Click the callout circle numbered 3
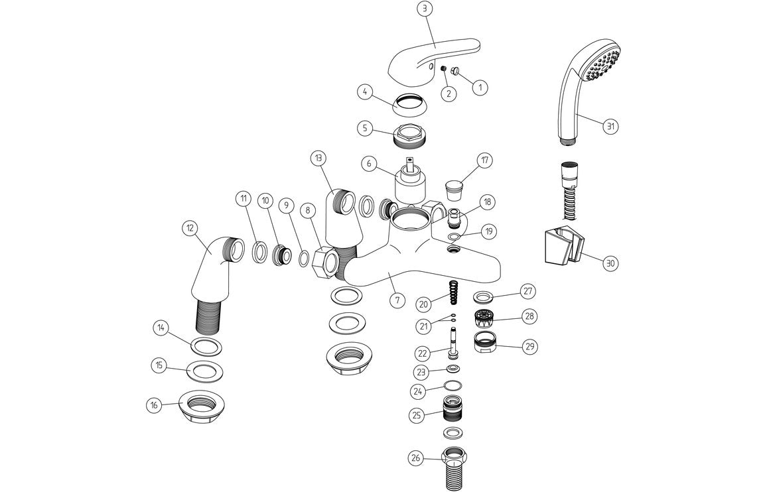[425, 9]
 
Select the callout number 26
[415, 457]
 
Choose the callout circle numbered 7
[396, 300]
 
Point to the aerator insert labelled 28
[487, 317]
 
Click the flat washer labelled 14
[207, 346]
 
